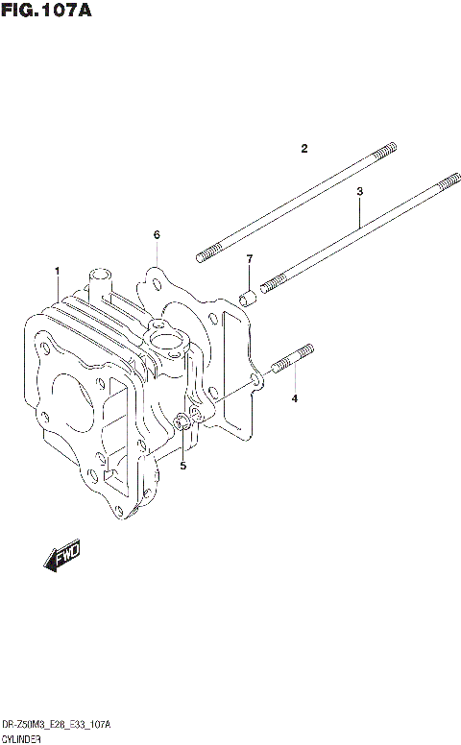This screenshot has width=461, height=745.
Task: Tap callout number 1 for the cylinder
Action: point(58,271)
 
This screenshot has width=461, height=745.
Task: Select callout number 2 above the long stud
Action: point(303,149)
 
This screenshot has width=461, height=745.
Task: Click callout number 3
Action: point(359,192)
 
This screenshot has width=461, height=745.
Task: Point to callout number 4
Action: point(295,397)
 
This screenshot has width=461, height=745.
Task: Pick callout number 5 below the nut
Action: point(157,235)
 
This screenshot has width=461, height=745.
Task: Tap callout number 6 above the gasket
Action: point(249,259)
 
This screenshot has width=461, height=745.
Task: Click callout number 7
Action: point(249,259)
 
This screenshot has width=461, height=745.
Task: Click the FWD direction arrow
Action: point(61,557)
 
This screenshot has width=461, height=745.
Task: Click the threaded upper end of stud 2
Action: point(384,150)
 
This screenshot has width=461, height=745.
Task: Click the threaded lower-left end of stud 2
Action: point(207,255)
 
